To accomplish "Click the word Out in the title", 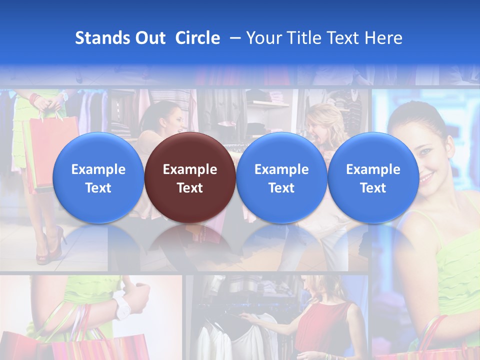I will tap(148, 38).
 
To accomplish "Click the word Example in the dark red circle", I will tap(190, 169).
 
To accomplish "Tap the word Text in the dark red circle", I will tap(190, 188).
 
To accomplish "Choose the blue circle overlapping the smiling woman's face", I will tap(373, 178).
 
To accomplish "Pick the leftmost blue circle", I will tap(98, 178).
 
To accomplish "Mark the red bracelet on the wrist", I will tap(34, 99).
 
